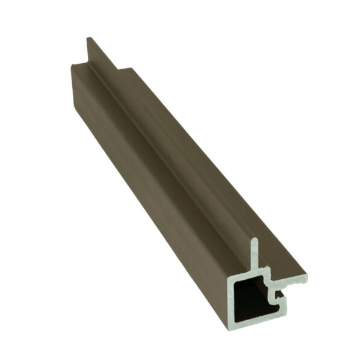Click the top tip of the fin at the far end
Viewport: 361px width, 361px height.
tap(88, 39)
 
